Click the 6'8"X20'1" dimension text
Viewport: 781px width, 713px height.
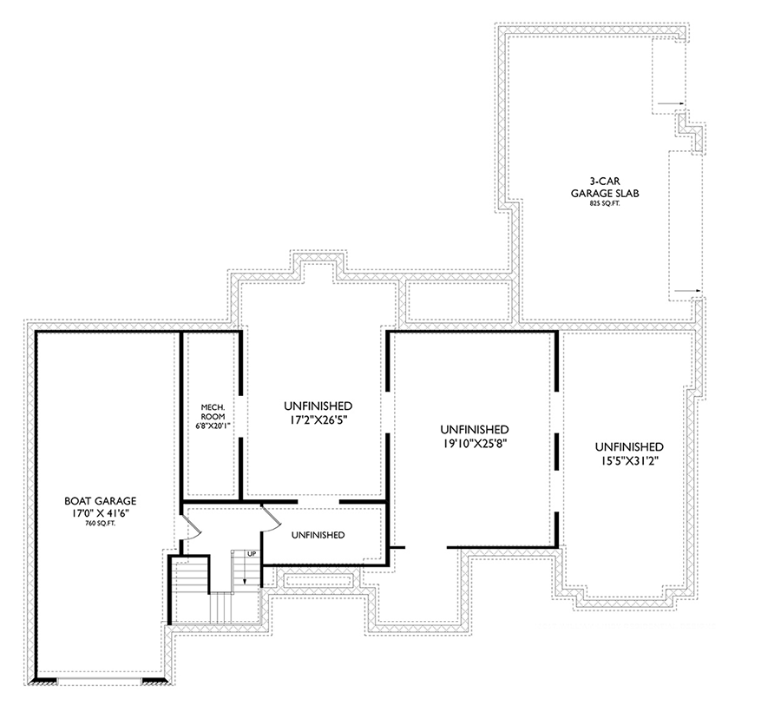[x=213, y=426]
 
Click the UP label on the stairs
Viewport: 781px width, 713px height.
[x=252, y=553]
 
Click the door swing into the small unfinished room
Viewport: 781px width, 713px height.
[x=270, y=518]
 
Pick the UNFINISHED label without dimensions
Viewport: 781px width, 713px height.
[x=317, y=534]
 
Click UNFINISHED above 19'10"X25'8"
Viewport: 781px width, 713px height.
[x=474, y=430]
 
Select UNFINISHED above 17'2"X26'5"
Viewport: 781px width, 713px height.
[x=317, y=406]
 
